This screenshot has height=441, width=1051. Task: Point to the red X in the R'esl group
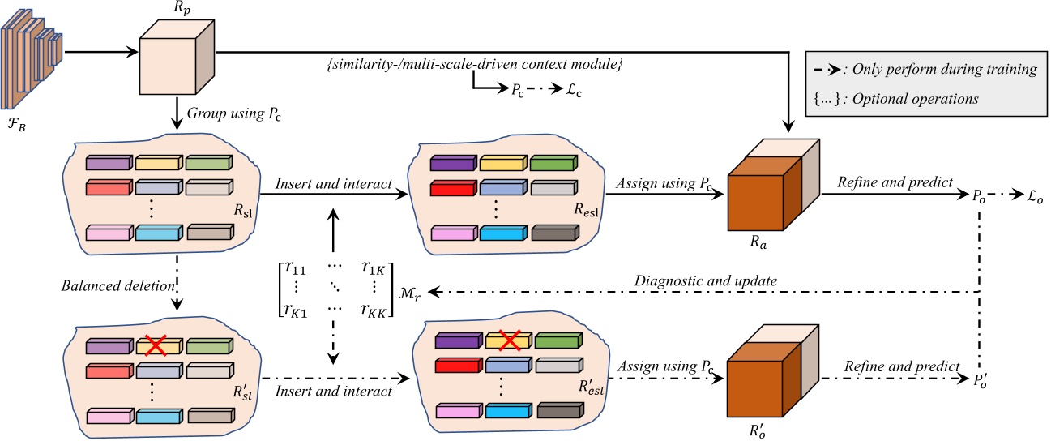click(x=507, y=340)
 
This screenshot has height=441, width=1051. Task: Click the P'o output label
click(x=980, y=379)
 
